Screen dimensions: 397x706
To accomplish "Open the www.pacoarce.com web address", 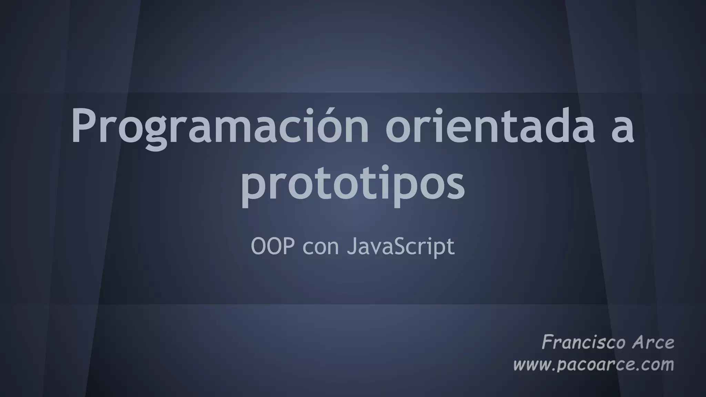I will pyautogui.click(x=593, y=365).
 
